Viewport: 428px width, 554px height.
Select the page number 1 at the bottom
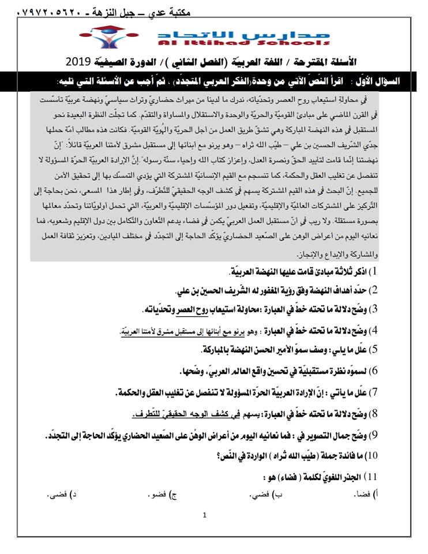pos(204,515)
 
